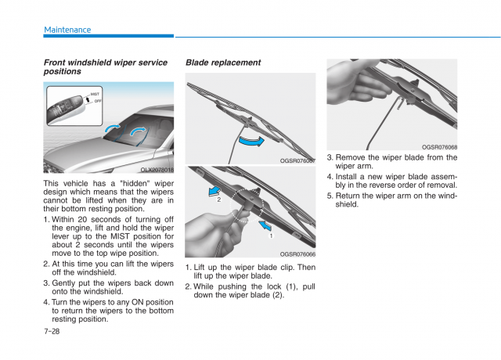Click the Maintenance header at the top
pyautogui.click(x=67, y=30)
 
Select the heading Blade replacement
pyautogui.click(x=223, y=63)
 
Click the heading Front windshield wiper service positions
pyautogui.click(x=105, y=67)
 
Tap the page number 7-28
pyautogui.click(x=52, y=331)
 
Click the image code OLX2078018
pyautogui.click(x=157, y=169)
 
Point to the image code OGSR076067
pyautogui.click(x=297, y=160)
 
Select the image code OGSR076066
pyautogui.click(x=297, y=254)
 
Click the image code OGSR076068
pyautogui.click(x=439, y=146)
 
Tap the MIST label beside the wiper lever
pyautogui.click(x=95, y=94)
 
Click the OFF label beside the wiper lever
pyautogui.click(x=98, y=101)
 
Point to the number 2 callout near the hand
pyautogui.click(x=218, y=200)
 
